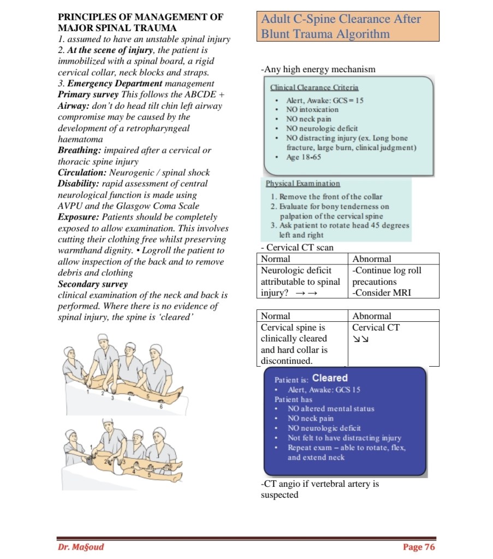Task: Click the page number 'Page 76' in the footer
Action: [419, 547]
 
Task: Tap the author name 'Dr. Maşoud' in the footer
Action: [80, 547]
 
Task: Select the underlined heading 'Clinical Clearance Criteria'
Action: [314, 87]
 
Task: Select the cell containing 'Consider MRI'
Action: [382, 292]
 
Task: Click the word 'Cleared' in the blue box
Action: [330, 378]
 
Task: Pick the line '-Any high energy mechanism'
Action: [318, 69]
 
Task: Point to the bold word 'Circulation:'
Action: [82, 173]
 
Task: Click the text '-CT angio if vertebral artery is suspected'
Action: [319, 489]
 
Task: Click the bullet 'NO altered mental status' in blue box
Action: [331, 409]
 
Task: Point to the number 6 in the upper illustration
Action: [161, 407]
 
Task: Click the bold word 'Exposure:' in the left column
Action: [79, 217]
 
